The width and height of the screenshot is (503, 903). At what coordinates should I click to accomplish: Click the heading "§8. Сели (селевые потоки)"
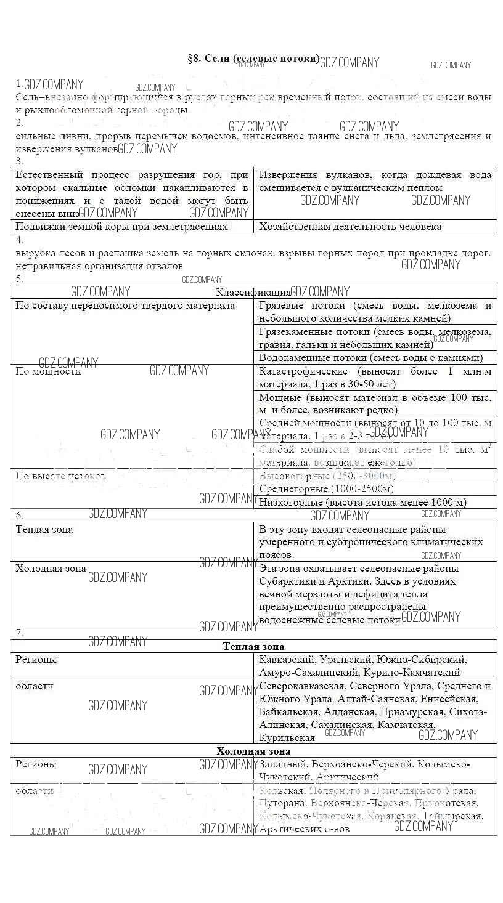tap(253, 59)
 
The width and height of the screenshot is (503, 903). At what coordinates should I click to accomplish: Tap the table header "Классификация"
tap(253, 293)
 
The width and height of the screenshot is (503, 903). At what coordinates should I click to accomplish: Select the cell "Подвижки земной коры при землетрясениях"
tap(121, 227)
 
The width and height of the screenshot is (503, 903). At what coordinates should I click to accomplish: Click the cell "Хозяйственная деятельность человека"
tap(350, 227)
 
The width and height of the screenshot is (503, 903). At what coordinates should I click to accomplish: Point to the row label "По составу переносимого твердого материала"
tap(125, 306)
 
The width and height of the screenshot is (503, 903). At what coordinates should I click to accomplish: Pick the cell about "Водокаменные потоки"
tap(370, 358)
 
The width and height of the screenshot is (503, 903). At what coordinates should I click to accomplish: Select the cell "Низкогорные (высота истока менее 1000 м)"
tap(362, 503)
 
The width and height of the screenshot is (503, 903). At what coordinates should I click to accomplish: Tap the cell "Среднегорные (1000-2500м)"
tap(326, 489)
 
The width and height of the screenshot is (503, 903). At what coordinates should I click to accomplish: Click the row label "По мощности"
tap(48, 371)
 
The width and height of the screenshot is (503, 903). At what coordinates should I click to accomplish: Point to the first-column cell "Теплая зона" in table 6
tap(44, 530)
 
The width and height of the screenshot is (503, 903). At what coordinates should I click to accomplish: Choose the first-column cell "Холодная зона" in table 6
tap(51, 569)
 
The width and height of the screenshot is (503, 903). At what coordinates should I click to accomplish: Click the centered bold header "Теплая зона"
tap(253, 646)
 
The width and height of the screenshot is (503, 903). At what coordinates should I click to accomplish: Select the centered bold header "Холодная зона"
tap(253, 751)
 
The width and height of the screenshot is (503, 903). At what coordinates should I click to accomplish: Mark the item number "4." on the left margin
tap(19, 240)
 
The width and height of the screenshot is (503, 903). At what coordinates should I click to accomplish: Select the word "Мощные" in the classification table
tap(280, 398)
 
